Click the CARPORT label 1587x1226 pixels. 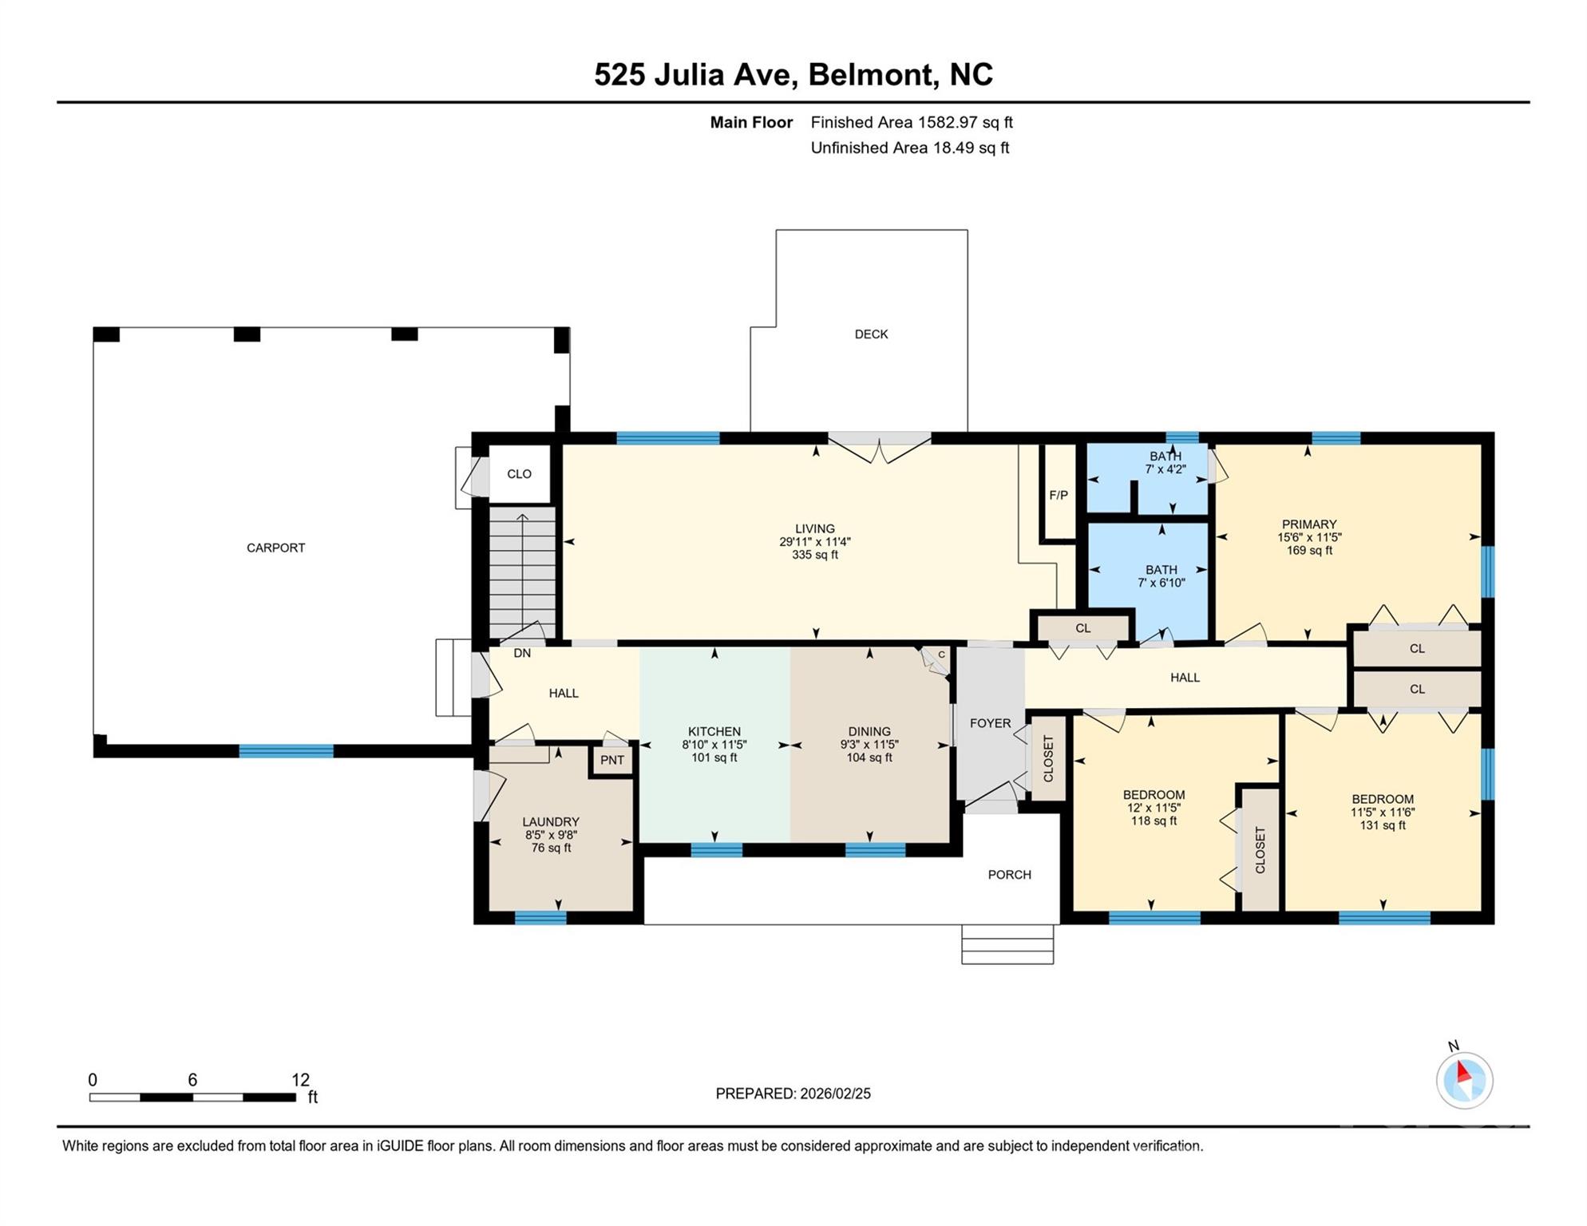click(x=275, y=548)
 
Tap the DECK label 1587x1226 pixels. click(x=871, y=334)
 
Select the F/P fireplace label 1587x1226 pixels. click(x=1059, y=495)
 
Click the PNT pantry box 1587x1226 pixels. click(x=612, y=760)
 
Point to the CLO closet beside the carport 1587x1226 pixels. click(x=519, y=474)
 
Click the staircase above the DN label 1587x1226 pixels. click(x=522, y=567)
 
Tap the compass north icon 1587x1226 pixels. click(x=1464, y=1080)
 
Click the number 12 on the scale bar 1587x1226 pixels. click(x=300, y=1080)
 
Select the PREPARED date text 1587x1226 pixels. click(x=793, y=1094)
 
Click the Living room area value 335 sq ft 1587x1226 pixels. click(x=814, y=555)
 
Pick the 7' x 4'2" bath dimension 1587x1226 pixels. click(x=1166, y=469)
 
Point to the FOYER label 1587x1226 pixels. click(x=990, y=723)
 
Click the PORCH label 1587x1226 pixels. click(x=1009, y=875)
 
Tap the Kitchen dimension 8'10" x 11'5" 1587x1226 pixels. click(x=714, y=745)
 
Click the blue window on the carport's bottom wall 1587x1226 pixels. click(x=286, y=751)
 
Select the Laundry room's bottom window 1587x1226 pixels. click(x=540, y=918)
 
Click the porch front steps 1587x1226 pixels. click(x=1007, y=944)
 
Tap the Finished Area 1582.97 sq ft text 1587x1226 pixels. click(x=912, y=122)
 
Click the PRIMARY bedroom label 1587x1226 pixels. click(x=1309, y=524)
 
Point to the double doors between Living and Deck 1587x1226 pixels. click(x=879, y=449)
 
